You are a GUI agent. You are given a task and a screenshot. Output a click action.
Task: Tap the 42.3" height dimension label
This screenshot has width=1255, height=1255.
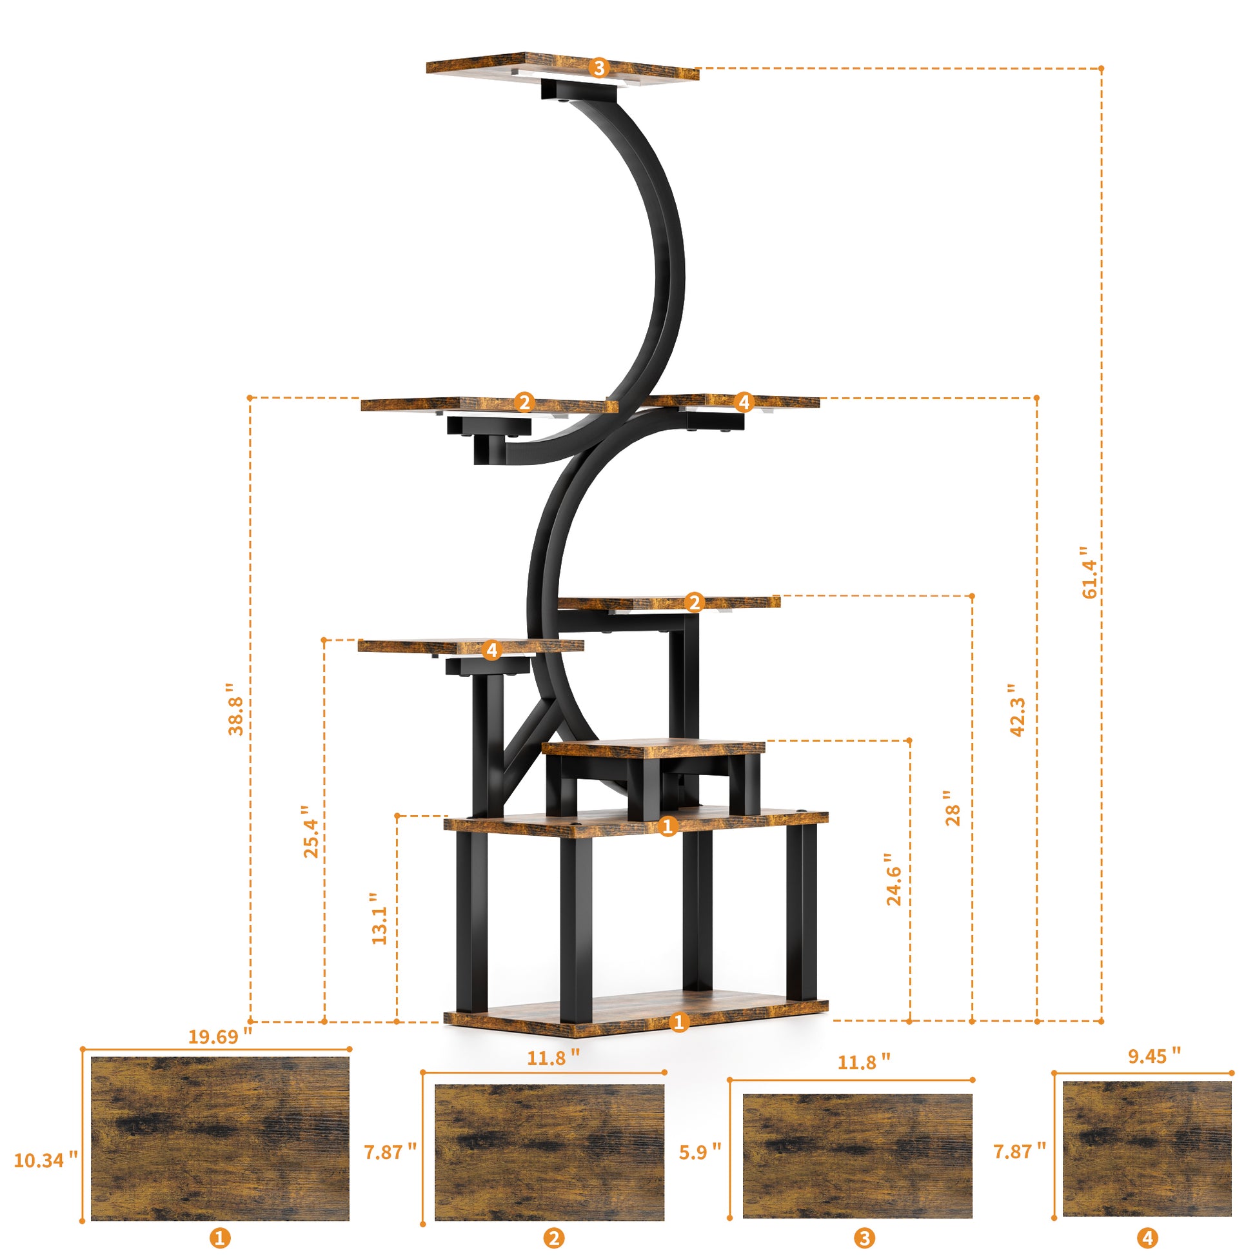pyautogui.click(x=1017, y=709)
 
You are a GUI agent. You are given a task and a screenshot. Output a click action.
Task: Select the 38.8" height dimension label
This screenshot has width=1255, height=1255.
pyautogui.click(x=236, y=709)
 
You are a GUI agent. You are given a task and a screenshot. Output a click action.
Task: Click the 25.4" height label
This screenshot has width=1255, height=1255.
pyautogui.click(x=311, y=831)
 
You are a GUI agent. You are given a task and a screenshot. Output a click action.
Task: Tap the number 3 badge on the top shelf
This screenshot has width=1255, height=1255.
pyautogui.click(x=599, y=68)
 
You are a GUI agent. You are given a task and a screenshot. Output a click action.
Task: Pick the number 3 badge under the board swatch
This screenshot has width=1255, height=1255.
pyautogui.click(x=864, y=1238)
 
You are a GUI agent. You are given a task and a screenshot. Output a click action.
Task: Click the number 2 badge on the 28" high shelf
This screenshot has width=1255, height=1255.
pyautogui.click(x=695, y=603)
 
